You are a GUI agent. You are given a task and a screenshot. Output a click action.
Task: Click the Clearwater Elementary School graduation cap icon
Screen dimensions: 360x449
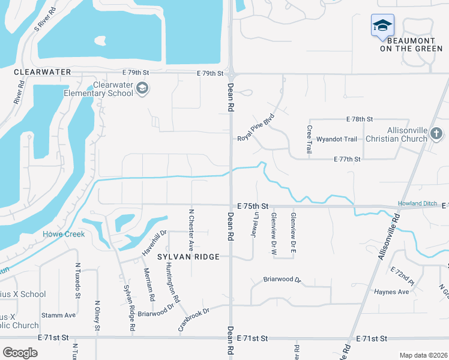coord(142,89)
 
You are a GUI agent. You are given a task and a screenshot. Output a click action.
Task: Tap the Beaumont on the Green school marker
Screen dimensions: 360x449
coord(382,26)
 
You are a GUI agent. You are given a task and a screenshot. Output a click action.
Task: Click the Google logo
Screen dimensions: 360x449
coord(20,353)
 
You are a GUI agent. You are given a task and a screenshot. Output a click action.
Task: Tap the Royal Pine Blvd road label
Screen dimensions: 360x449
coord(256,127)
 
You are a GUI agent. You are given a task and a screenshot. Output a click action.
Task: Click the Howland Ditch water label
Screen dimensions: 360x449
coord(418,204)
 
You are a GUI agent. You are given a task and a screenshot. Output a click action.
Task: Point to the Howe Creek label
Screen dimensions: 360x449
coord(63,234)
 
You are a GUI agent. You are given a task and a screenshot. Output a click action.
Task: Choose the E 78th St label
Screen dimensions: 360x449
coord(360,119)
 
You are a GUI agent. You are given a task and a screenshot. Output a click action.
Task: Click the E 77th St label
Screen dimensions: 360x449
coord(347,159)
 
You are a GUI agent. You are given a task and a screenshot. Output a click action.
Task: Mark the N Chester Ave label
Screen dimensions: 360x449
coord(191,229)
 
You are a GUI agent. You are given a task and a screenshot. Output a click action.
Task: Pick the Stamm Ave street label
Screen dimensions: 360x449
coord(58,315)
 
